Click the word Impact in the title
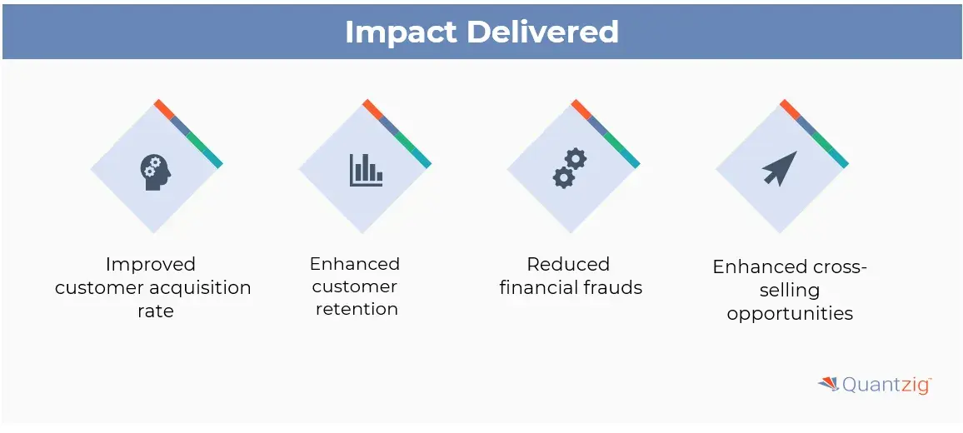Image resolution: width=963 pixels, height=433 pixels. (x=401, y=32)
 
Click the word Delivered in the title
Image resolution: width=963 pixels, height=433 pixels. (x=543, y=31)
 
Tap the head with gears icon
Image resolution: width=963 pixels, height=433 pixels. (x=156, y=172)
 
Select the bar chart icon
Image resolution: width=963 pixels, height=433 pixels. (x=366, y=170)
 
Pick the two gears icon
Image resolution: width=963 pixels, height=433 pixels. (x=570, y=168)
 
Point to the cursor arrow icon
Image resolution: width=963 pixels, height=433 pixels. (x=780, y=168)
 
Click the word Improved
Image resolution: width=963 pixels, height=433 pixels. (x=151, y=265)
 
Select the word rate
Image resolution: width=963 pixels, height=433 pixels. (x=156, y=311)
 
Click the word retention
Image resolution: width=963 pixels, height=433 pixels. (x=357, y=308)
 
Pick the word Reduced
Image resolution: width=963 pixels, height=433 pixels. (x=568, y=264)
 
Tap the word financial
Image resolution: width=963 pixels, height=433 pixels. (x=535, y=286)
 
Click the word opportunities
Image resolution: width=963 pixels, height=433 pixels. (x=790, y=313)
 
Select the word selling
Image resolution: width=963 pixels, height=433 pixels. (x=790, y=290)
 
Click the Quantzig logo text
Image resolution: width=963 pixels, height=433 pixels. (x=887, y=385)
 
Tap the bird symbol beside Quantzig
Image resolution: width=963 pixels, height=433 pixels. (x=829, y=384)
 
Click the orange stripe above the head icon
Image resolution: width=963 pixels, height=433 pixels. (x=164, y=109)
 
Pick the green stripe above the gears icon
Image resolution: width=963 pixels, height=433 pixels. (x=614, y=142)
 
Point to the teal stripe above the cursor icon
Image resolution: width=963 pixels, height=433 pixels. (x=838, y=158)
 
